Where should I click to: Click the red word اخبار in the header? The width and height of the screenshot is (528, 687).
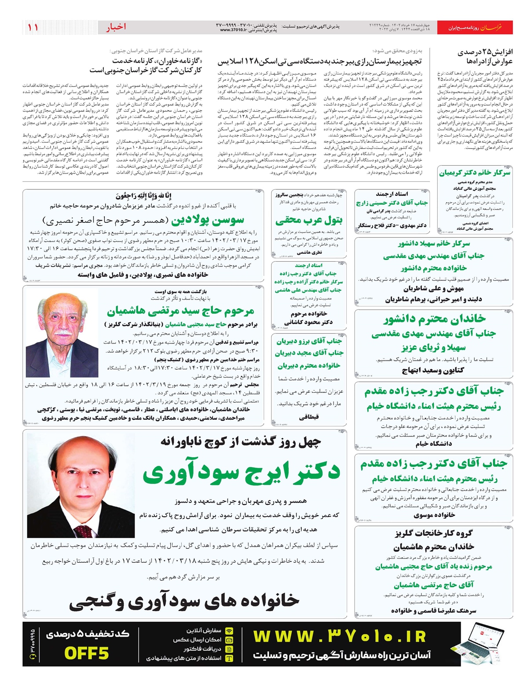(116, 27)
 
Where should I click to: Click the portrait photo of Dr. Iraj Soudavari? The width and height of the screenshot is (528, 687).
(81, 479)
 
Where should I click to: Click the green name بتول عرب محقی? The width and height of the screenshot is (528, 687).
(309, 220)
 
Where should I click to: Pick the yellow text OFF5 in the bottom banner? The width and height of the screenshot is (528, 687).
(86, 653)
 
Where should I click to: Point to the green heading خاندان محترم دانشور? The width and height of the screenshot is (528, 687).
(434, 318)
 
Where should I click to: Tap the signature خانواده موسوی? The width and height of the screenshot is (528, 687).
(434, 515)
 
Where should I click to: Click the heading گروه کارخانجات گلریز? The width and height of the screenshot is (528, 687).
(433, 533)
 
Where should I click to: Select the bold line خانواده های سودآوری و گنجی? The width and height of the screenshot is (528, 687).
(184, 600)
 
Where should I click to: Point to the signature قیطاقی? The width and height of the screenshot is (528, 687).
(309, 417)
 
